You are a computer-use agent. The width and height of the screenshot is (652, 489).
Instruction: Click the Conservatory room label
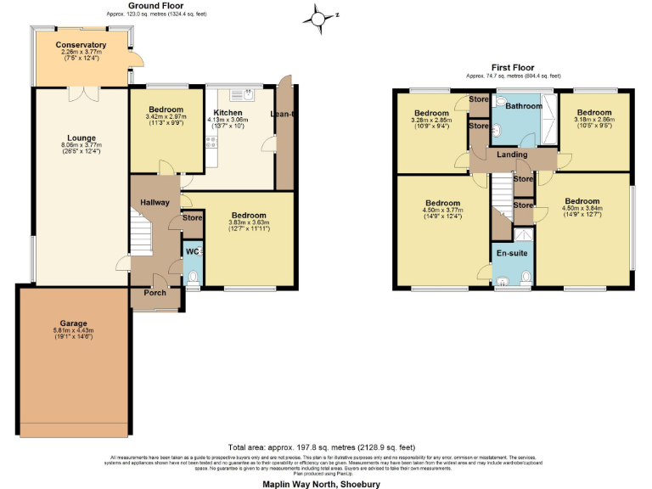[81, 45]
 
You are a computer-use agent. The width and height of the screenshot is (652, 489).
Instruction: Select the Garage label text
[73, 323]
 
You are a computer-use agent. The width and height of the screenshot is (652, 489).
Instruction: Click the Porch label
[155, 293]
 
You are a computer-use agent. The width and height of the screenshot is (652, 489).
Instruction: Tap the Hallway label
[155, 202]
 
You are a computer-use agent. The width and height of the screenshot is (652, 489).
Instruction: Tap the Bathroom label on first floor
[523, 107]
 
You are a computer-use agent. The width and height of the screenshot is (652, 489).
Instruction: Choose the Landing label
[512, 155]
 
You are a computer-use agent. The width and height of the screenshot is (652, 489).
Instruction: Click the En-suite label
[512, 253]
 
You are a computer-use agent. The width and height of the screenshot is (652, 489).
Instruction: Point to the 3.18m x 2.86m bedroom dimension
[593, 120]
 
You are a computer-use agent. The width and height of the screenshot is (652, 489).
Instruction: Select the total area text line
[322, 447]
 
